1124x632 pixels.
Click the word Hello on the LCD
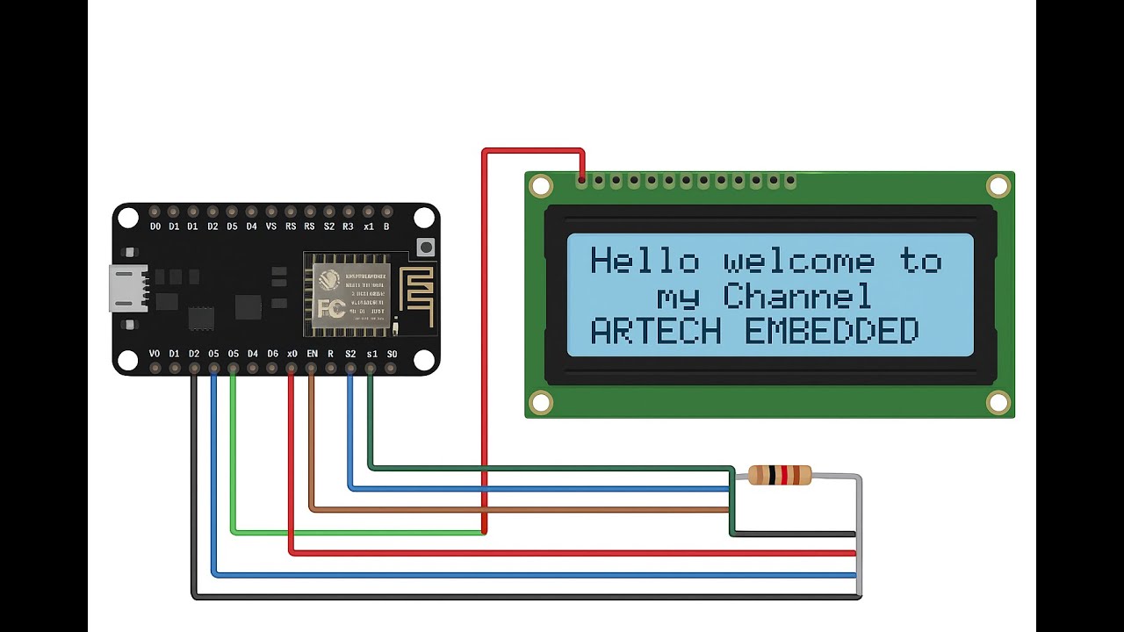[x=644, y=262]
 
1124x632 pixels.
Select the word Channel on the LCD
[x=797, y=298]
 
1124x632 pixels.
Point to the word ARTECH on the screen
[x=656, y=332]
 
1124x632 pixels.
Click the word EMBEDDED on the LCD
[x=831, y=332]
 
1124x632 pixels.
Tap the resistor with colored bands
[x=779, y=475]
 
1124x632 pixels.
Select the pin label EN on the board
[x=312, y=354]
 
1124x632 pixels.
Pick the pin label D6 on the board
[x=272, y=354]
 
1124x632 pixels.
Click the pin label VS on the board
[x=270, y=226]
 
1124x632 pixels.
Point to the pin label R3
[x=348, y=226]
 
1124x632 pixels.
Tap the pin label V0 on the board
[x=155, y=354]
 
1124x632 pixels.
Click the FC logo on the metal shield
[x=330, y=309]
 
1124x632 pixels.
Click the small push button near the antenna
[x=426, y=248]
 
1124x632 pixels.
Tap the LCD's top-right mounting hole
[x=998, y=186]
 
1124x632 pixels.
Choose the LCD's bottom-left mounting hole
[x=540, y=403]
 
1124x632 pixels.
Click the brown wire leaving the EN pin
[x=311, y=439]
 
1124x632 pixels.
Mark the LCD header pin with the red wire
[x=581, y=181]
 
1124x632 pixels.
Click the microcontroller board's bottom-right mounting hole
[x=424, y=360]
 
